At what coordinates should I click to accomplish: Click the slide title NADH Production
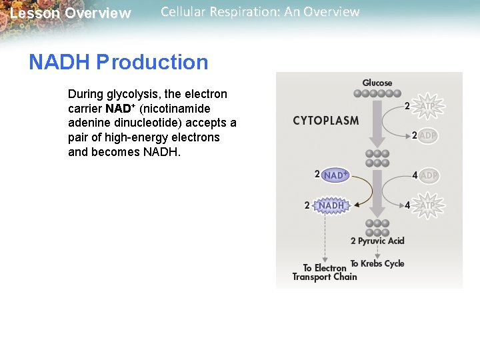click(118, 63)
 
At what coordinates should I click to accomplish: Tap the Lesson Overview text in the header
click(71, 13)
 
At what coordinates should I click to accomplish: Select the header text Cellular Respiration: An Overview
click(260, 12)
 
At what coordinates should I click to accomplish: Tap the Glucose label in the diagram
click(377, 83)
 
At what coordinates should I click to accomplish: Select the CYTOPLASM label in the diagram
click(325, 121)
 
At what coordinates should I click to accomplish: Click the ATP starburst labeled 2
click(427, 105)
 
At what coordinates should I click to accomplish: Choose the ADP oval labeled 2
click(428, 135)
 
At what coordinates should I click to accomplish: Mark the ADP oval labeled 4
click(429, 175)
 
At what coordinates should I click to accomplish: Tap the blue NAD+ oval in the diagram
click(335, 175)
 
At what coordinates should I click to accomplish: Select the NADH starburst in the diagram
click(331, 205)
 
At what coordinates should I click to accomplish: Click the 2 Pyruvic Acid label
click(377, 241)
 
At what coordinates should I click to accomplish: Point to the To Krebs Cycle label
click(377, 263)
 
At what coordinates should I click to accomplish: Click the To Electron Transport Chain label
click(325, 273)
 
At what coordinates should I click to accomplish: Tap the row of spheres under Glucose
click(377, 93)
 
